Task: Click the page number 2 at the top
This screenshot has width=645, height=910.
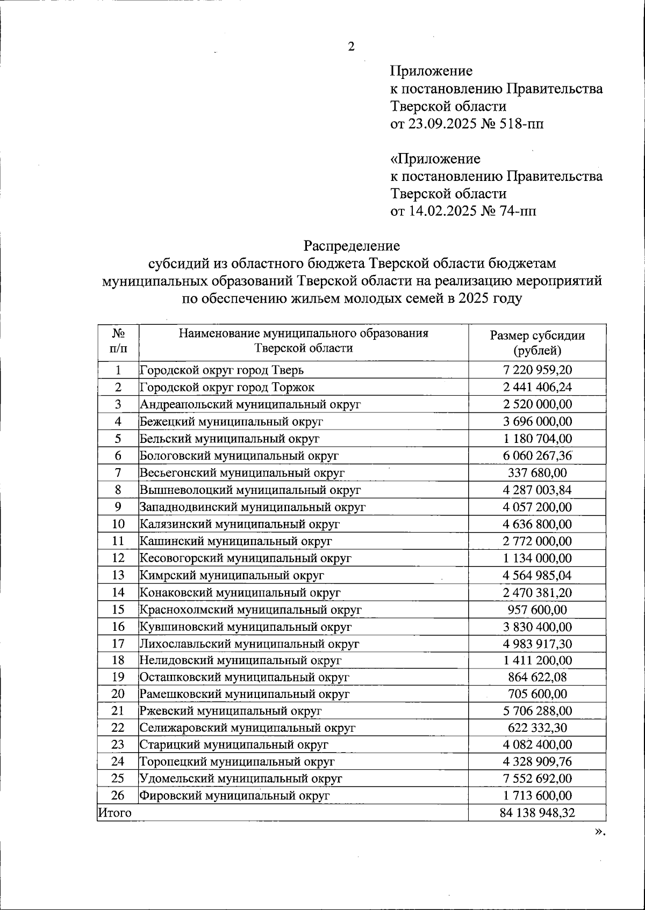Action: pyautogui.click(x=351, y=47)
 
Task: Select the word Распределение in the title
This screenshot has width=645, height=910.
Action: pyautogui.click(x=352, y=246)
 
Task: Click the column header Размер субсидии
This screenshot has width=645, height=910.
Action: pyautogui.click(x=537, y=336)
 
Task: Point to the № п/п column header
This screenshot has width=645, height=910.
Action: pyautogui.click(x=118, y=341)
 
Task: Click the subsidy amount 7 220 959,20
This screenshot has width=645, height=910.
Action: pyautogui.click(x=537, y=370)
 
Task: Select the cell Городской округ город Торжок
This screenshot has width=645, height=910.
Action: pyautogui.click(x=227, y=387)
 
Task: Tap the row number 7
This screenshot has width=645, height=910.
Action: pyautogui.click(x=118, y=472)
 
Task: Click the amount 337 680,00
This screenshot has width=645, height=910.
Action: pyautogui.click(x=537, y=472)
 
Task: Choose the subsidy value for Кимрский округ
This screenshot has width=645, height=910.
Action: pyautogui.click(x=537, y=576)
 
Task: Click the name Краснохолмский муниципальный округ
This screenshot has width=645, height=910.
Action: pyautogui.click(x=250, y=610)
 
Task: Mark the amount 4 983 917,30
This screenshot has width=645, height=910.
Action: pyautogui.click(x=537, y=644)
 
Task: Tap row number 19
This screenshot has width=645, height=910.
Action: pyautogui.click(x=118, y=678)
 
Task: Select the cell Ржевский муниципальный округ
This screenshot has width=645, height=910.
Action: pyautogui.click(x=231, y=711)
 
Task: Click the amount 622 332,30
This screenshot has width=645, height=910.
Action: pyautogui.click(x=537, y=728)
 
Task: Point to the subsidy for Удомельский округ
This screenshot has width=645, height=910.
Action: pyautogui.click(x=537, y=778)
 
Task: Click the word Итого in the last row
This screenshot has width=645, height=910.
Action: pyautogui.click(x=114, y=813)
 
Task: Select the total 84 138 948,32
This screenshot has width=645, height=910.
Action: pyautogui.click(x=537, y=813)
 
